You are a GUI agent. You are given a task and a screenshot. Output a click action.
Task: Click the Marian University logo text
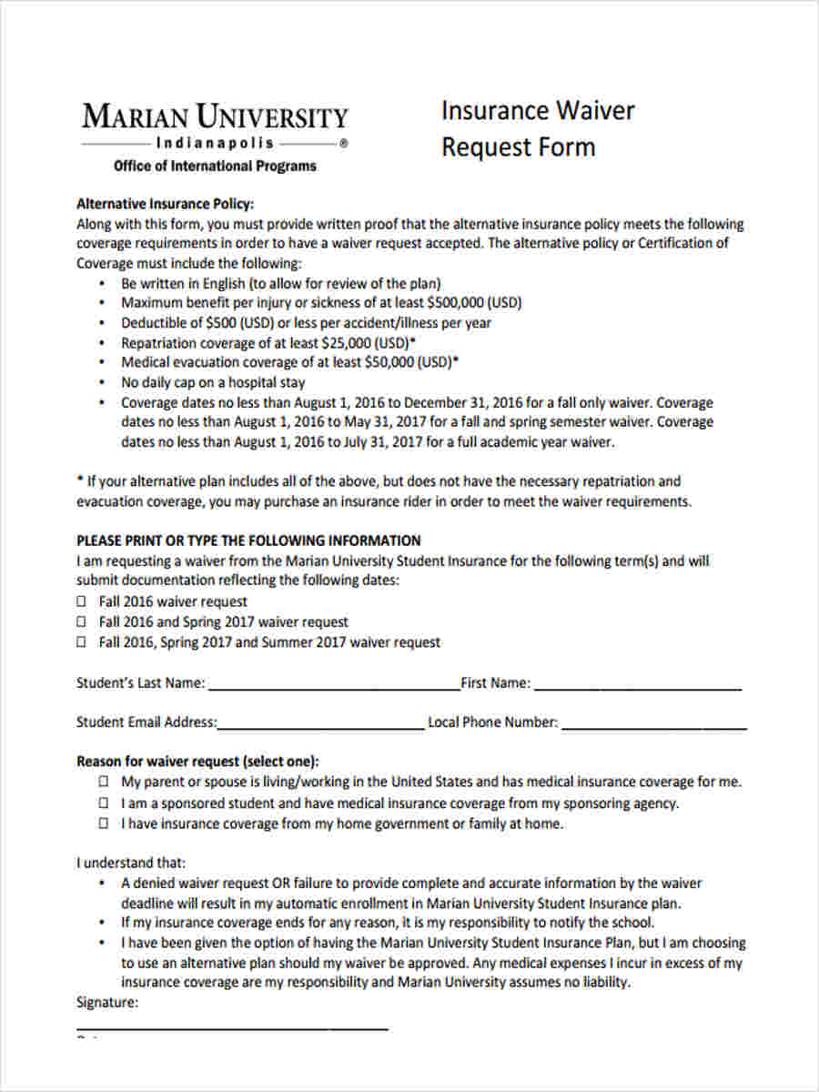tap(215, 117)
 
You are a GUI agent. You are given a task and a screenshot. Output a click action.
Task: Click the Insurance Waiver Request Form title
tap(537, 128)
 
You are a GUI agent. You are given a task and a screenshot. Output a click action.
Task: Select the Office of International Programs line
tap(215, 166)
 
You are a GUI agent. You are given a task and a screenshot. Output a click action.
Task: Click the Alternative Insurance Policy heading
tap(165, 204)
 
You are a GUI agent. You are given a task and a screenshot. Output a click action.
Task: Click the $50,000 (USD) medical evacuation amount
tap(410, 362)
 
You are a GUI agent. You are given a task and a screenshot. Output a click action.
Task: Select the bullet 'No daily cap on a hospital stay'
tap(213, 382)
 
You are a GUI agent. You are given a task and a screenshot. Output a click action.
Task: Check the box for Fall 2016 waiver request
tap(81, 602)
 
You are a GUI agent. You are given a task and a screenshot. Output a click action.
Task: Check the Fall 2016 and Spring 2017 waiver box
tap(81, 622)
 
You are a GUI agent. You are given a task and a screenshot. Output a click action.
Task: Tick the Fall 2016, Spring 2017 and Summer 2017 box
tap(81, 642)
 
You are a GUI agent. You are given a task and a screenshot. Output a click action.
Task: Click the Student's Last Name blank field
tap(333, 683)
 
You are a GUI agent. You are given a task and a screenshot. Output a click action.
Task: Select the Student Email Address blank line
tap(320, 723)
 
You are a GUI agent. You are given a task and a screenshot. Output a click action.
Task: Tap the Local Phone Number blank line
tap(653, 723)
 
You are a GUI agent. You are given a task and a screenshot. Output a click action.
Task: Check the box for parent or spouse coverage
tap(105, 782)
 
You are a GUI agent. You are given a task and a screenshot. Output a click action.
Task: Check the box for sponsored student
tap(105, 804)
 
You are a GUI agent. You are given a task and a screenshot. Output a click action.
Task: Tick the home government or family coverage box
tap(105, 824)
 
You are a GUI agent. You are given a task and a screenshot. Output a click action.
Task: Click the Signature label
tap(107, 1003)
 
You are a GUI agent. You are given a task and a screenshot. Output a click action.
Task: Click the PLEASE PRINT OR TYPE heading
tap(248, 540)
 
